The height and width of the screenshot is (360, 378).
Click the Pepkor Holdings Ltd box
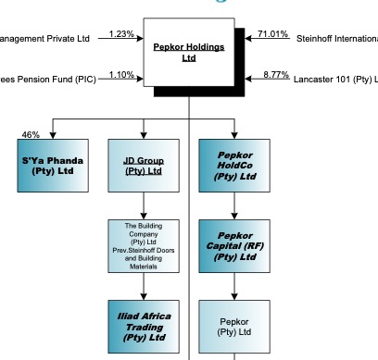(x=189, y=52)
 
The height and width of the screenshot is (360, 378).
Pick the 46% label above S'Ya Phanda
(x=30, y=135)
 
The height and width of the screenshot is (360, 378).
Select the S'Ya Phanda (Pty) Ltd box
(x=52, y=166)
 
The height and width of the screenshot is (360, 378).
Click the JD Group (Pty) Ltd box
(x=143, y=166)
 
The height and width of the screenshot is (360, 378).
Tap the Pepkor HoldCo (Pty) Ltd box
(x=233, y=166)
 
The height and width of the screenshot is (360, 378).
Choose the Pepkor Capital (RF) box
(x=233, y=246)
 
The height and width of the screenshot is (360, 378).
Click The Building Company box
(x=143, y=246)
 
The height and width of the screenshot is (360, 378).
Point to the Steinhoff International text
(x=336, y=39)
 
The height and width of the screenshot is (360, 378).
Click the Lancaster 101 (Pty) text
(x=335, y=80)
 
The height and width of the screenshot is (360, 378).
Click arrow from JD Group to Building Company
(x=143, y=205)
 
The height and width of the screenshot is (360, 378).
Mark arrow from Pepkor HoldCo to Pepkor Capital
(x=233, y=205)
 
